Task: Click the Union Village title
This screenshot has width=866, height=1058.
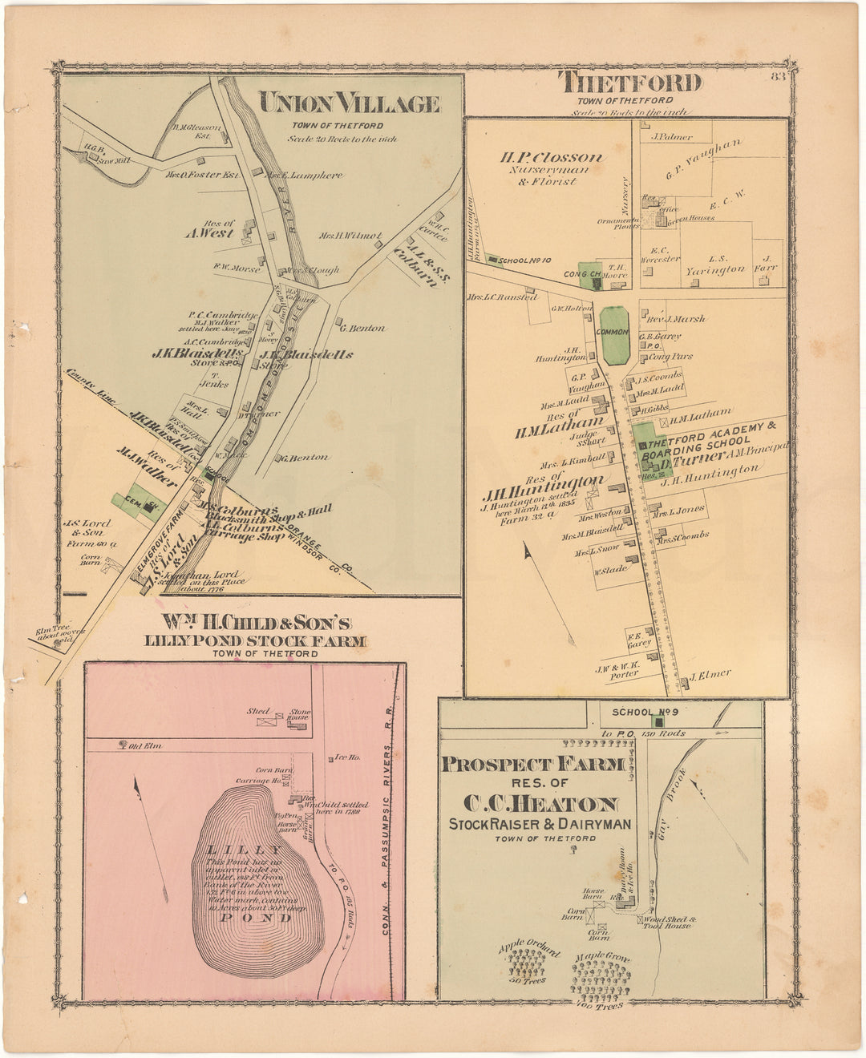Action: (x=349, y=104)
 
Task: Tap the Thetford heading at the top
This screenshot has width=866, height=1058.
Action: (x=630, y=83)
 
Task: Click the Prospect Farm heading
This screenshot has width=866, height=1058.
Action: (x=532, y=765)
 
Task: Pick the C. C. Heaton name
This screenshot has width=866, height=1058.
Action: (x=539, y=804)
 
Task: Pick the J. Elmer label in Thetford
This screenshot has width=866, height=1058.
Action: (x=710, y=674)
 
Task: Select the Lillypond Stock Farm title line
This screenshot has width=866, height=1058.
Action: (x=255, y=640)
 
